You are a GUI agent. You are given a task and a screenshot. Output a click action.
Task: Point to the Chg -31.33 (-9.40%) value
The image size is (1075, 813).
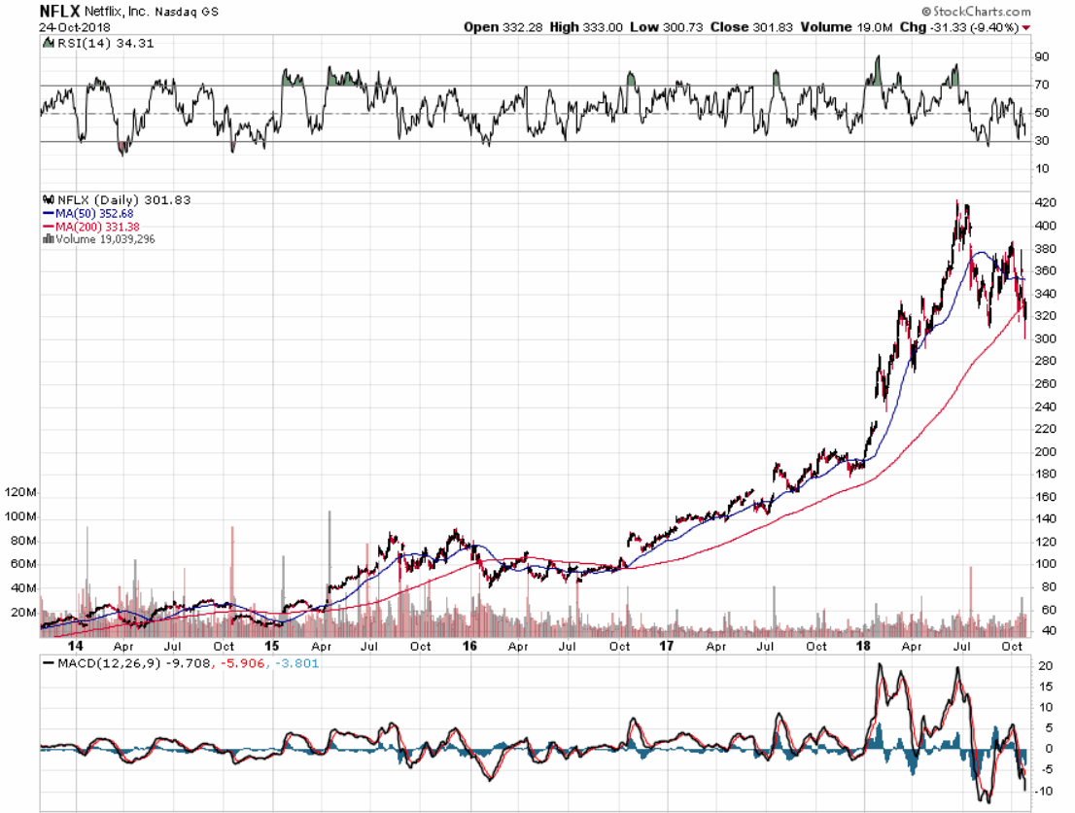point(962,26)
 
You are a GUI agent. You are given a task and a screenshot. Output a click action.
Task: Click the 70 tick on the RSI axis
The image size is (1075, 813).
point(1042,86)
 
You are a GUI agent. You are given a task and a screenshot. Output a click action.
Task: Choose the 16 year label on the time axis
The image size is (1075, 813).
point(469,646)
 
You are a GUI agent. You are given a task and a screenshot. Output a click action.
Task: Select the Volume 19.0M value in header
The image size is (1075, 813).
point(847,26)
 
